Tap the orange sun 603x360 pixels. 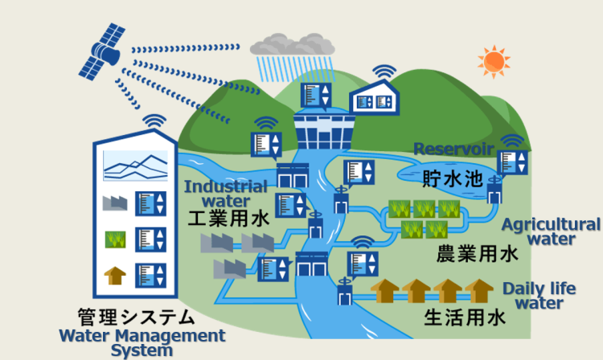point(493,61)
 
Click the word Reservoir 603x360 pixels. point(451,149)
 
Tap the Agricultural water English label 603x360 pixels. point(551,231)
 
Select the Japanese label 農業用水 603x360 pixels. point(477,255)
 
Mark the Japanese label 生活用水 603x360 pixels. point(465,317)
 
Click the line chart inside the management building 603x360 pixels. point(134,166)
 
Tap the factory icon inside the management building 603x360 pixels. point(115,202)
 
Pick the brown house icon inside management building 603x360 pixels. point(115,276)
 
